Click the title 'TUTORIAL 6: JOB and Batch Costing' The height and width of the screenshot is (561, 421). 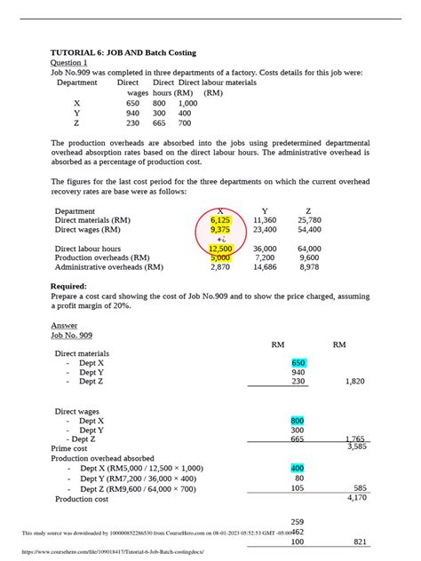(123, 52)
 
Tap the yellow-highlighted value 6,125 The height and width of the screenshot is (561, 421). (220, 219)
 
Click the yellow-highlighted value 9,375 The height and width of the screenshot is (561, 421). (220, 229)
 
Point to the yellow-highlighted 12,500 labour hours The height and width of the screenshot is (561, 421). (220, 249)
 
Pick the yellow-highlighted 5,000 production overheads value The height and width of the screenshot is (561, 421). (220, 257)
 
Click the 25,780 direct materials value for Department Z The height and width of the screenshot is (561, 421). (310, 219)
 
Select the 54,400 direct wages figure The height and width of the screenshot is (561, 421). (310, 229)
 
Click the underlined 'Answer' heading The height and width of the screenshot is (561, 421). (64, 326)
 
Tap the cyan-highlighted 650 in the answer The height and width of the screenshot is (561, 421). (298, 363)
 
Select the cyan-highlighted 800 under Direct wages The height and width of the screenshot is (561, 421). (298, 421)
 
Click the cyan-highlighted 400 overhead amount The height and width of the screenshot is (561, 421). (298, 468)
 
